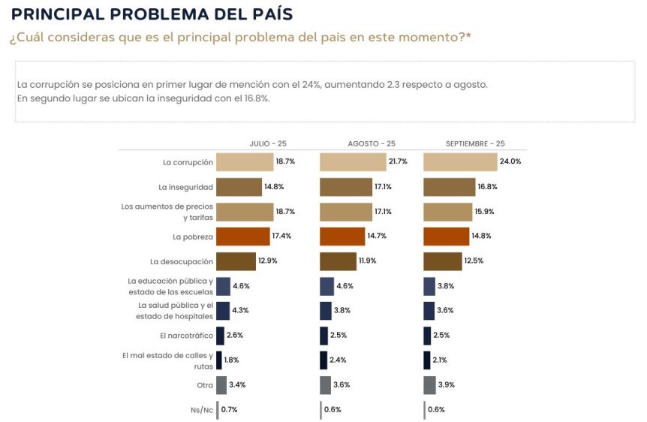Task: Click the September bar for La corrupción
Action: tap(460, 161)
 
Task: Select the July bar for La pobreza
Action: tap(242, 237)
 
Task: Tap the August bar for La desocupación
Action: tap(338, 261)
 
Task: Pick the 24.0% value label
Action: tap(510, 161)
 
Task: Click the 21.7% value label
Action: tap(398, 161)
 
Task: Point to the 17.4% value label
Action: tap(282, 237)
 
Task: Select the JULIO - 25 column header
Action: tap(268, 143)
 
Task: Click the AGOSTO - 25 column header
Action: tap(372, 143)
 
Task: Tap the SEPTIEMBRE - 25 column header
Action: tap(475, 143)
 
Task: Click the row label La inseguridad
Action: tap(185, 186)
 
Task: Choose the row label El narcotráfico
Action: tap(187, 335)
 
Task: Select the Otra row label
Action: tap(204, 385)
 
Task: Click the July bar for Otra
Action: tap(221, 385)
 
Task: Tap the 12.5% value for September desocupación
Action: tap(474, 261)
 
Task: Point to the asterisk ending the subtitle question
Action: tap(468, 36)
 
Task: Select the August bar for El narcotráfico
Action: tap(323, 336)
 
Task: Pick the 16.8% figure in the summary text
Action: tap(255, 98)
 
